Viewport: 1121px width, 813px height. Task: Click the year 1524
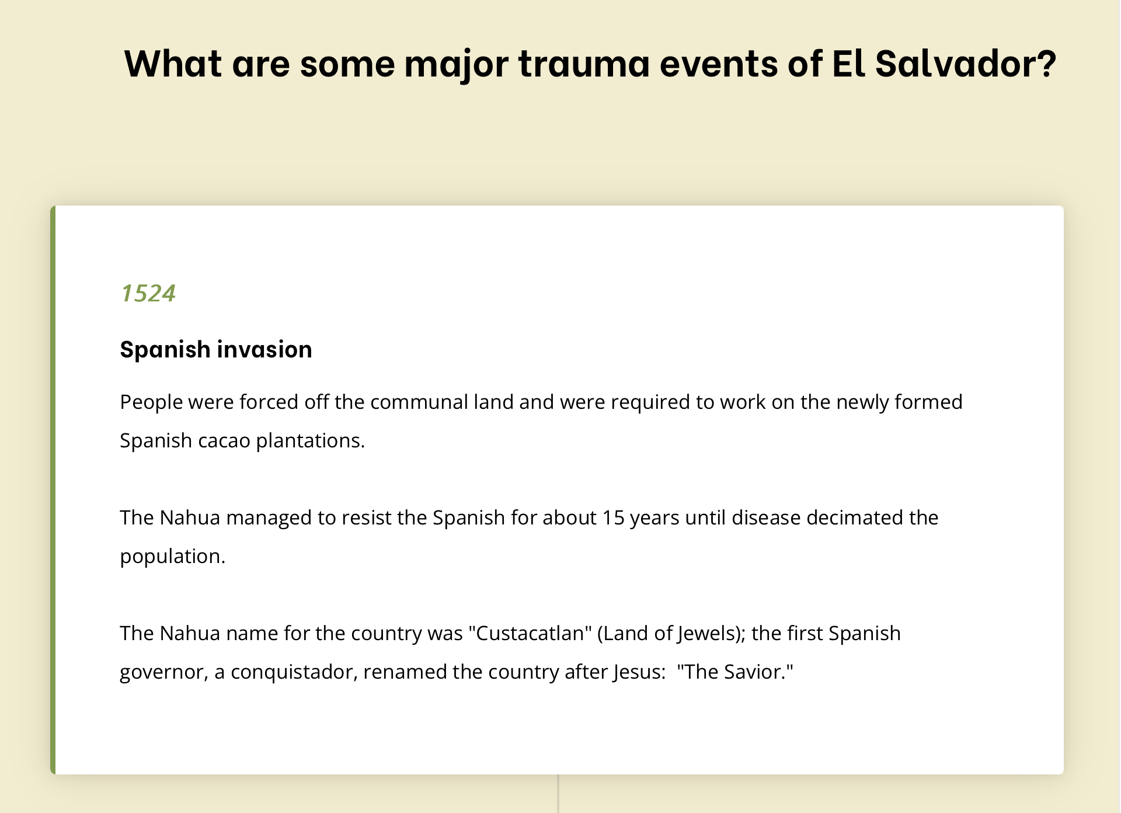coord(148,293)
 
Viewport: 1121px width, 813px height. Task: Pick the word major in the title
coord(456,64)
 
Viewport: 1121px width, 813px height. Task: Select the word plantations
coord(311,441)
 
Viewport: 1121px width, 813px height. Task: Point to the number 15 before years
coord(614,518)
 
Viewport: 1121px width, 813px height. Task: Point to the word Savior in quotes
coord(755,672)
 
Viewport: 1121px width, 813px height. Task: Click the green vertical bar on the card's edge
coord(53,490)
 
